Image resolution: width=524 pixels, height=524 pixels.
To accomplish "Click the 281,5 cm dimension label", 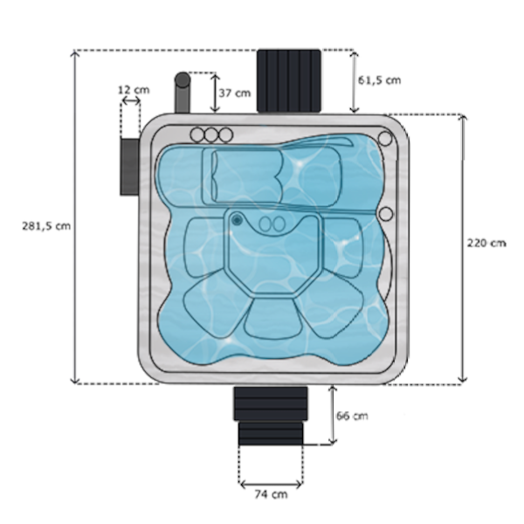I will [x=45, y=224].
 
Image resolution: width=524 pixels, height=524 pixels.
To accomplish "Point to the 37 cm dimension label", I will [x=236, y=92].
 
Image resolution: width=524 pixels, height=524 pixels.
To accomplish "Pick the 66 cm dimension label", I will [x=352, y=416].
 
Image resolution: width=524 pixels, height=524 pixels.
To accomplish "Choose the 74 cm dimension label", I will [x=271, y=495].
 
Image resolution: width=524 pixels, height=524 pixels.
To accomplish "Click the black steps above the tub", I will [x=291, y=80].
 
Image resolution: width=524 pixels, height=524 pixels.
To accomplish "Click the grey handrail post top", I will [x=183, y=80].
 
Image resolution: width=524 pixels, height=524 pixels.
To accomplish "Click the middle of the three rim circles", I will [x=210, y=134].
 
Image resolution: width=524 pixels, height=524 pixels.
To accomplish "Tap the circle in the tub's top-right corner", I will [x=383, y=138].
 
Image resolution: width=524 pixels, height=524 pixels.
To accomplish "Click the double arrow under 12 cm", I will [x=131, y=102].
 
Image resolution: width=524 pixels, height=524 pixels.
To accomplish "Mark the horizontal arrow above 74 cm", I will [x=271, y=480].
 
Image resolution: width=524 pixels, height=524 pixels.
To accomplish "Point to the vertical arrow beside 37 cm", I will [x=215, y=92].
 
